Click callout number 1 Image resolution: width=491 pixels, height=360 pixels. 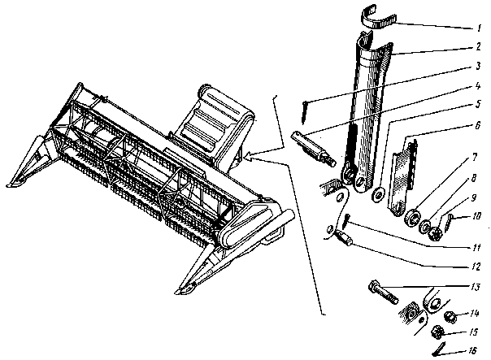479,28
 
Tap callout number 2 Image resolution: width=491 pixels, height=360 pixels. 478,46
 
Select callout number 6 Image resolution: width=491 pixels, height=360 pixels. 477,125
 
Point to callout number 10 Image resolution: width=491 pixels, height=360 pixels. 476,216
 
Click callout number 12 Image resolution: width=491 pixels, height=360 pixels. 476,267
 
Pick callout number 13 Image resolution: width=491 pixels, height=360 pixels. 475,287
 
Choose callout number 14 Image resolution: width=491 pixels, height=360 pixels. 474,313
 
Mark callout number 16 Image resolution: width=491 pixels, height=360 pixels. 472,350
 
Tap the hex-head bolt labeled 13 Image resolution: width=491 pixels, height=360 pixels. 383,292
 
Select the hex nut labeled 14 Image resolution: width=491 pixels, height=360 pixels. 450,317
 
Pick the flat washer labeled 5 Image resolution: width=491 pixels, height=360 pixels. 378,195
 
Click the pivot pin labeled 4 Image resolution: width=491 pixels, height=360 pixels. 313,148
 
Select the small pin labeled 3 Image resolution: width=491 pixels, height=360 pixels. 304,113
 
